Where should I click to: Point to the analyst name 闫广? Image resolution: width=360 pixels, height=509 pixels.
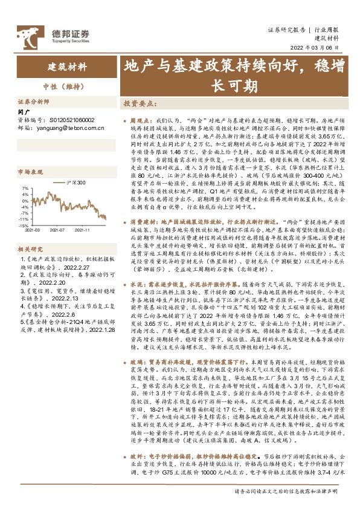24,112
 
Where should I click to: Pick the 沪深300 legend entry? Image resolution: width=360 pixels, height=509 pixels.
76,182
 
